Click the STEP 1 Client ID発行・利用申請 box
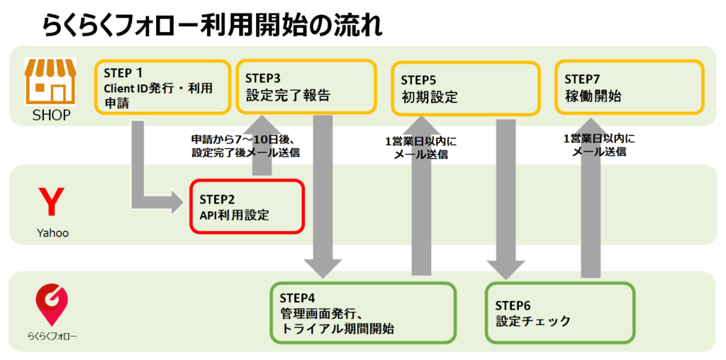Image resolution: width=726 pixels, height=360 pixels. (x=162, y=87)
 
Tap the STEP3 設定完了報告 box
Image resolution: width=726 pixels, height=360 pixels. (x=306, y=86)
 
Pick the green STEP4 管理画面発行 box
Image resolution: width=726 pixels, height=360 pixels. (x=363, y=313)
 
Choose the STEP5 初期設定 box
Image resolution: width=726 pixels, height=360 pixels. (x=466, y=88)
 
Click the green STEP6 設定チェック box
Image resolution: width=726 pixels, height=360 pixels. (x=560, y=313)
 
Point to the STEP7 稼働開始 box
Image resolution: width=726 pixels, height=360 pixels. (x=630, y=86)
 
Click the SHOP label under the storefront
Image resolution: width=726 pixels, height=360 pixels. (x=51, y=116)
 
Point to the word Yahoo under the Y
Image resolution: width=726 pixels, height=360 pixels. (x=52, y=232)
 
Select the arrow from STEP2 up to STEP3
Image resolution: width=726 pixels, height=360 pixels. (x=262, y=145)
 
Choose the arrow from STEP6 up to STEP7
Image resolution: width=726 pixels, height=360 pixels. (x=591, y=197)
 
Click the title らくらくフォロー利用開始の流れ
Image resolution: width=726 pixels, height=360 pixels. (x=213, y=26)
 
